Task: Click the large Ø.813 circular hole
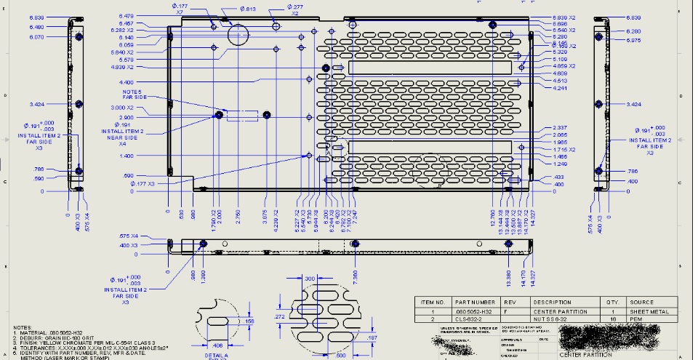[238, 33]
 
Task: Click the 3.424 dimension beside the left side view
[38, 104]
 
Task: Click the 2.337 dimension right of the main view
[559, 128]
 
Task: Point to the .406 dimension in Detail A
[217, 344]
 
